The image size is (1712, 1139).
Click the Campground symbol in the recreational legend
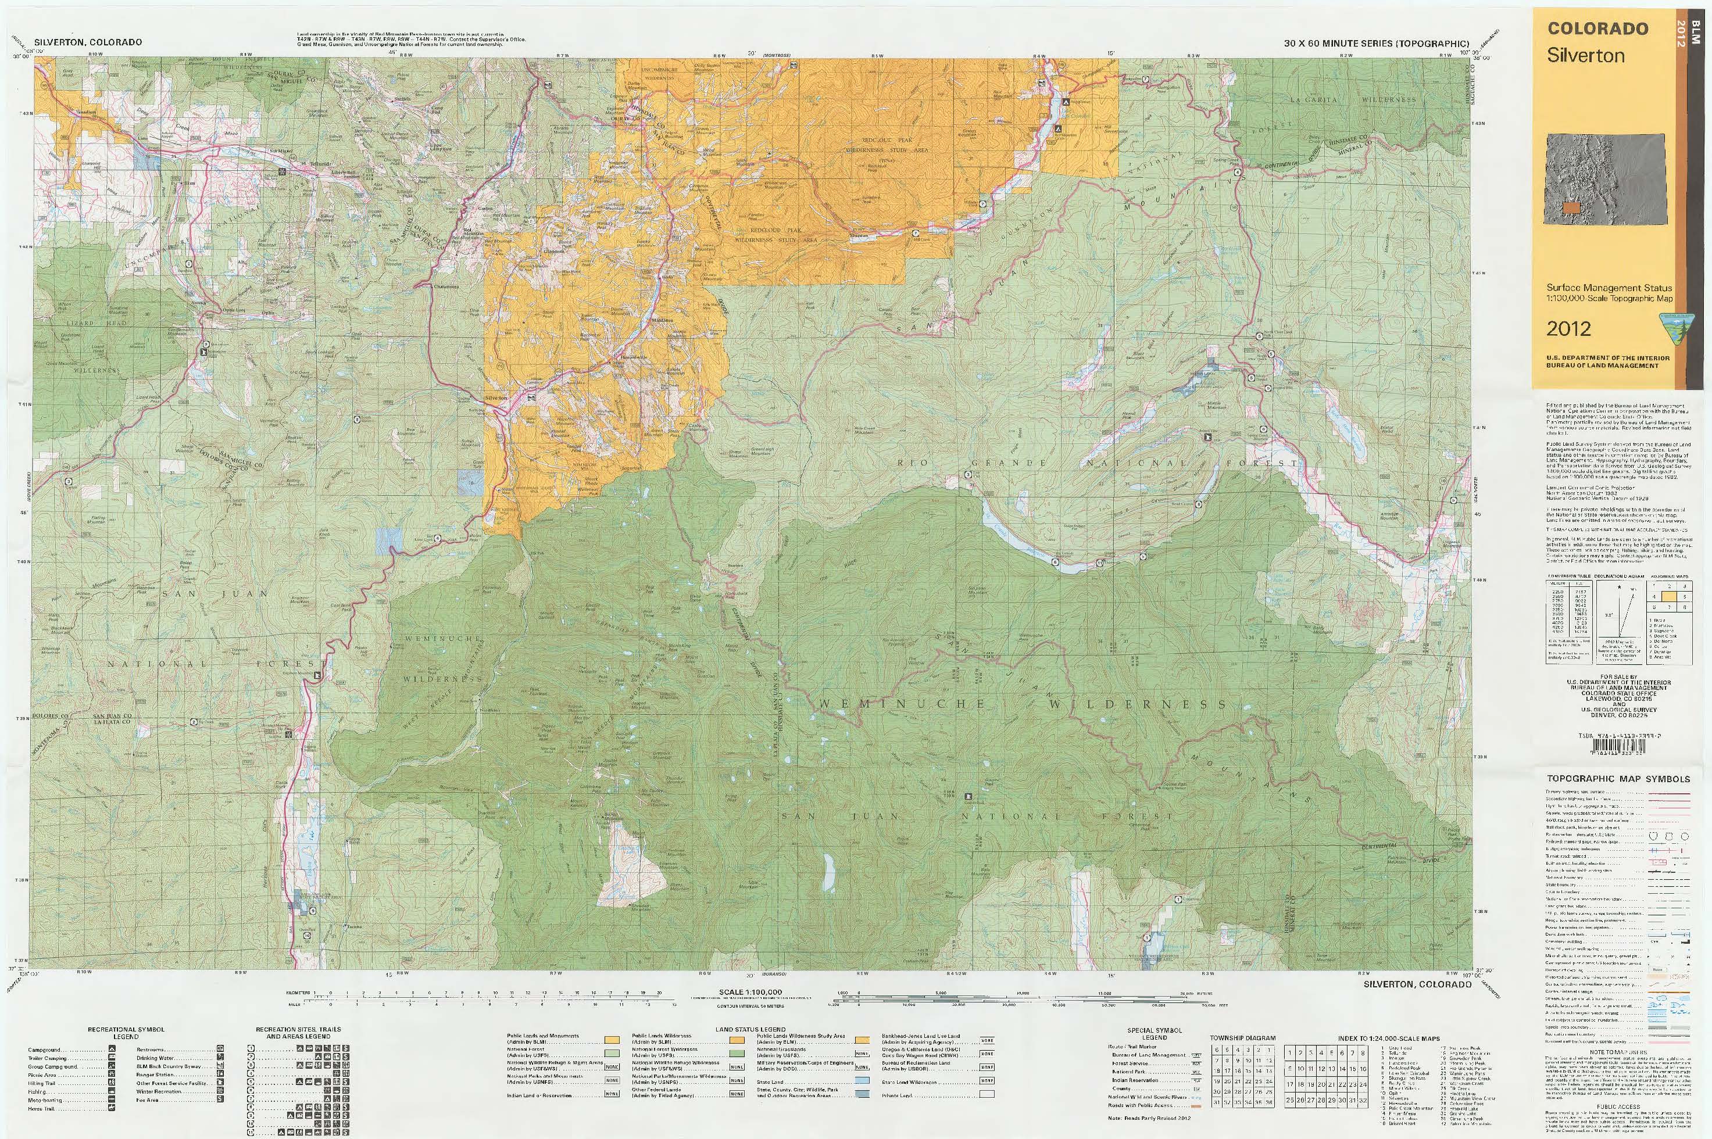point(112,1050)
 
